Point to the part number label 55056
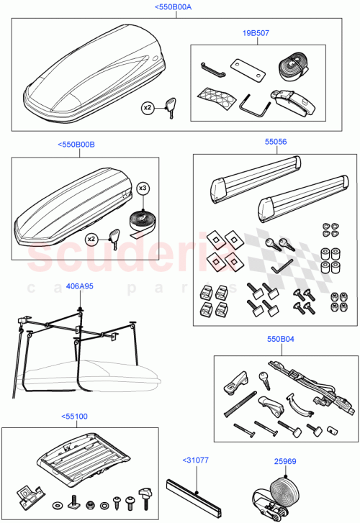pos(275,142)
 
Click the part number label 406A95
pos(79,286)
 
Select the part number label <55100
pos(74,416)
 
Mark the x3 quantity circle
pos(143,188)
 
